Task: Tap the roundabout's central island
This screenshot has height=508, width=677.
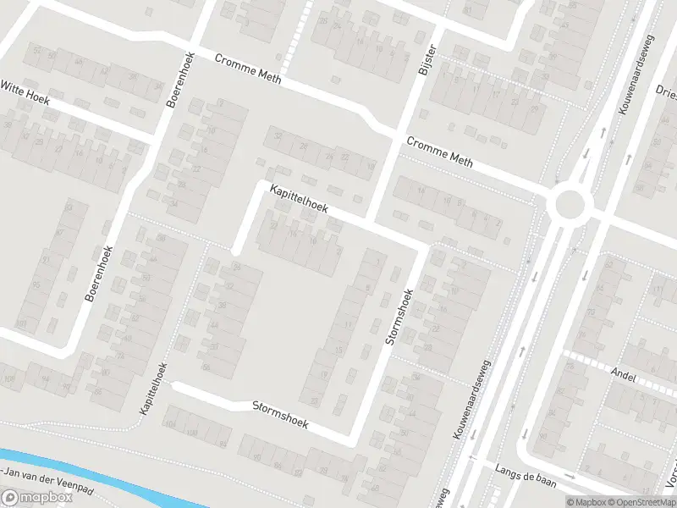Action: point(569,203)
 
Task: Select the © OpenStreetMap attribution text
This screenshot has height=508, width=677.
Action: point(641,502)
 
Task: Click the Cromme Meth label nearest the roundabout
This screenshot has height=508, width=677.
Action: point(439,152)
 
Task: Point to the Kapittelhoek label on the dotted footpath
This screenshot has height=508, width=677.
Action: point(155,389)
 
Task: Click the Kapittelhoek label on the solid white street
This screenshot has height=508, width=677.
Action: point(300,201)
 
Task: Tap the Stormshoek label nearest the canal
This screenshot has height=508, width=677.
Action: point(280,413)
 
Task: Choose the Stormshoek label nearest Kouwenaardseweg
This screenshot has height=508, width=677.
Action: point(397,317)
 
